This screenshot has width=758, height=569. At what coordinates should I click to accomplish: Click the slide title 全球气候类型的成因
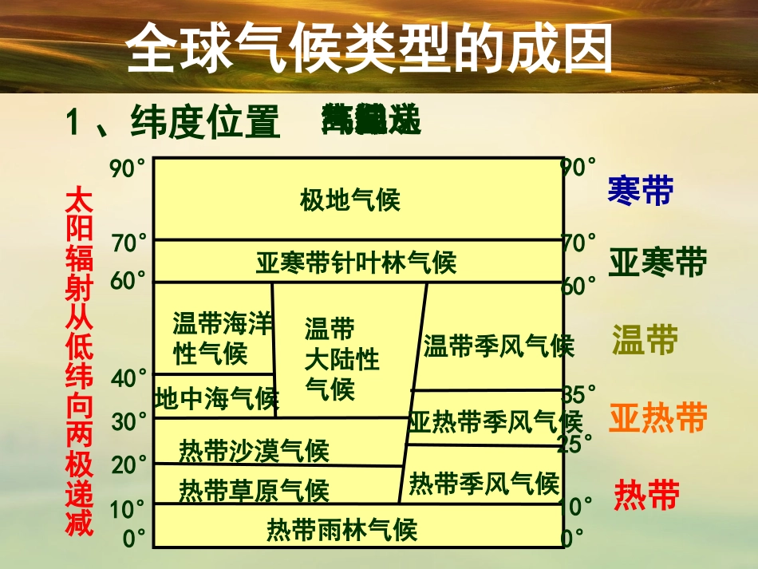click(x=370, y=48)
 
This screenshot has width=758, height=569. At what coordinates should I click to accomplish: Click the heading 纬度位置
click(x=204, y=123)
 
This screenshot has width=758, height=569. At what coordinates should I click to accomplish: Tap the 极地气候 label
click(x=349, y=200)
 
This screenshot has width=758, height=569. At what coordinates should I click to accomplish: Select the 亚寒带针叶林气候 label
click(x=356, y=261)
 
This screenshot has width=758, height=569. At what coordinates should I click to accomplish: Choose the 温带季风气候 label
click(x=499, y=346)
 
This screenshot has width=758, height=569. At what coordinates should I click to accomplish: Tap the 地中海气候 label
click(x=215, y=397)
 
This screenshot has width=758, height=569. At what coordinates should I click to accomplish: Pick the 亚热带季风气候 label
click(x=495, y=421)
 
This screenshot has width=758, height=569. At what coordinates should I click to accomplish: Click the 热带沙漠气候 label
click(x=254, y=451)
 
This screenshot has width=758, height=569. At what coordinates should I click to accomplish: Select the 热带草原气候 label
click(x=254, y=488)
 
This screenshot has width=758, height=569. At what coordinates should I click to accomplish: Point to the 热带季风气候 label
click(x=484, y=482)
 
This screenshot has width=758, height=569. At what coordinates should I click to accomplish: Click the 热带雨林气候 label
click(x=341, y=528)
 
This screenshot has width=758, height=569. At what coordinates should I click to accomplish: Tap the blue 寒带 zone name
click(x=640, y=190)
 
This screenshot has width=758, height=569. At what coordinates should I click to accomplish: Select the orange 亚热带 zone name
click(x=658, y=417)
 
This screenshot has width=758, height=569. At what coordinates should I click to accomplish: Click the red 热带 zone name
click(x=646, y=495)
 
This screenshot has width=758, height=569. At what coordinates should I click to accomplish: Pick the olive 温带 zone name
click(x=645, y=340)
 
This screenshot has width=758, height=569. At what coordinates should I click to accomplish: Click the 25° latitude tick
click(x=575, y=443)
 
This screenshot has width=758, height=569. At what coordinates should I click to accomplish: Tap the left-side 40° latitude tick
click(x=129, y=378)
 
